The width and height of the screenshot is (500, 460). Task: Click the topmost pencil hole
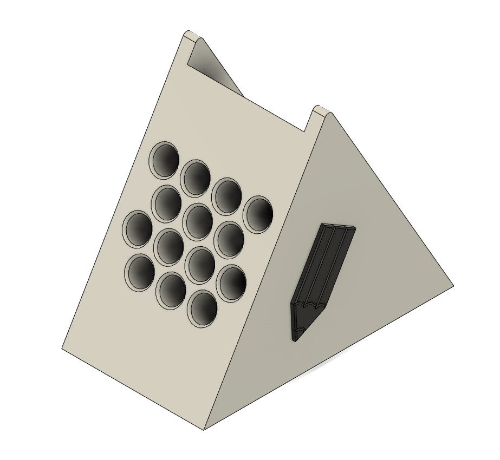click(164, 160)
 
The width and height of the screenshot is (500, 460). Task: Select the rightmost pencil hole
click(258, 214)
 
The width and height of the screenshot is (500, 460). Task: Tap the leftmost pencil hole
click(138, 229)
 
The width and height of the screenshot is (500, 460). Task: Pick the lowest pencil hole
click(203, 309)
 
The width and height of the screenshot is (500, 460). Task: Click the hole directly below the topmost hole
click(167, 203)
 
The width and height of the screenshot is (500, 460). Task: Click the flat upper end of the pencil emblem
click(340, 226)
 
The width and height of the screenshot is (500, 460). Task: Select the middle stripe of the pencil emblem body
click(325, 260)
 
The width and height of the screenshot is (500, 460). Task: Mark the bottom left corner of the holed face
click(62, 348)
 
